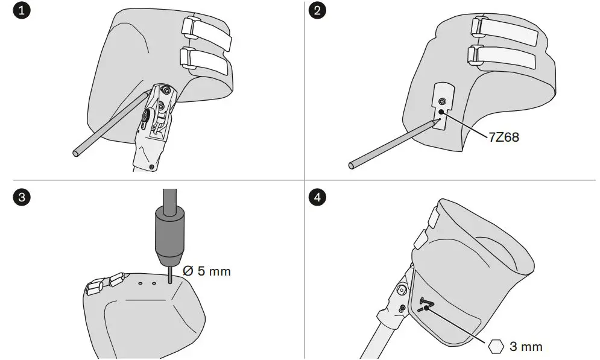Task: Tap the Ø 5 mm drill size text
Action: coord(206,271)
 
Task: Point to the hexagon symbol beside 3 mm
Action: coord(496,346)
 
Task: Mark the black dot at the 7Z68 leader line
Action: coord(443,112)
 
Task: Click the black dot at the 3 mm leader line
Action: coord(426,308)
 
